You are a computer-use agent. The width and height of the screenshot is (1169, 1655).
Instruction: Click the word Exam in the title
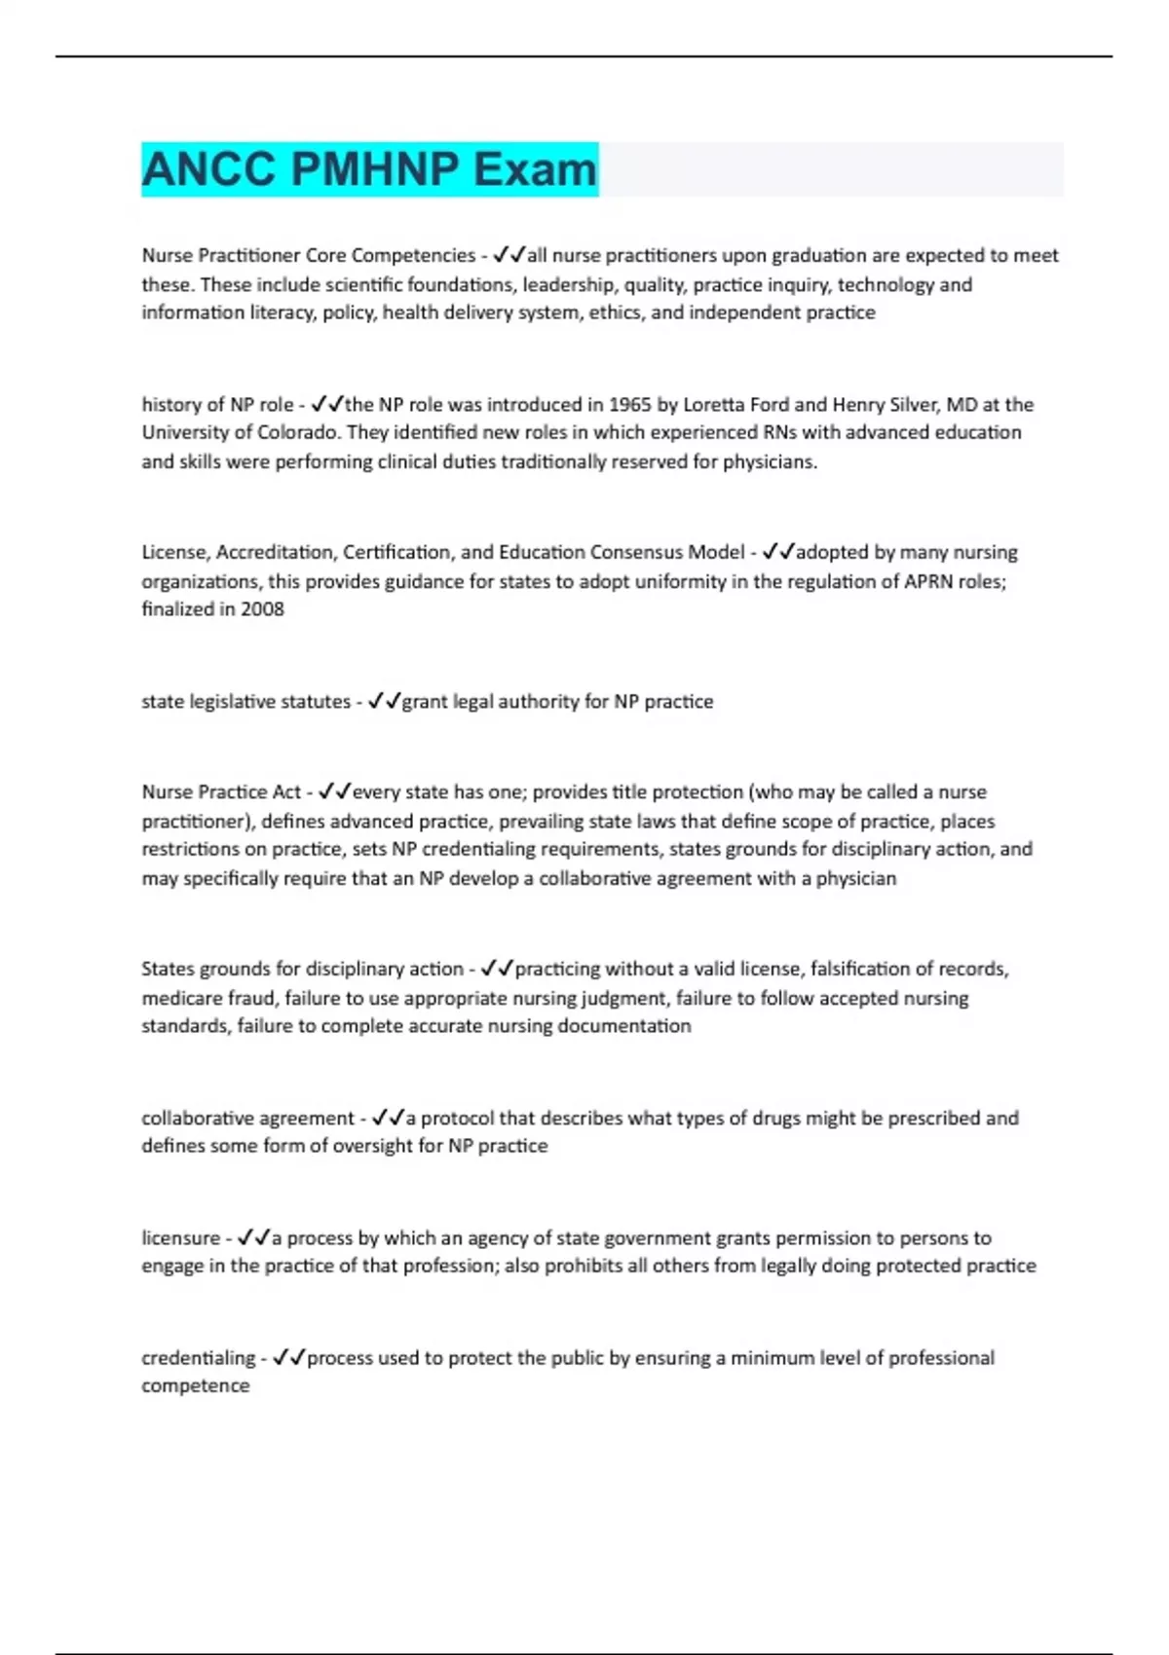click(535, 169)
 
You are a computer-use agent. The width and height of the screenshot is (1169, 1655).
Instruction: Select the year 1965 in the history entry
click(629, 404)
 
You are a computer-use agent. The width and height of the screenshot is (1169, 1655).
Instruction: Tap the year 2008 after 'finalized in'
click(262, 609)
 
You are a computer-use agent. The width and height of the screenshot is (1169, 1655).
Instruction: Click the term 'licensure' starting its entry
click(180, 1238)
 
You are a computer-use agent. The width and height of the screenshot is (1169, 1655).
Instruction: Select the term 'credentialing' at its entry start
click(198, 1358)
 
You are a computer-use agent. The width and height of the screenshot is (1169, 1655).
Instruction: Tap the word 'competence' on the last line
click(195, 1386)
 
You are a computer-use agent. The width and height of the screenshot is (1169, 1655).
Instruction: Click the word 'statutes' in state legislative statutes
click(316, 702)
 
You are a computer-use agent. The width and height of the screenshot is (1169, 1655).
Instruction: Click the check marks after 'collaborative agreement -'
click(388, 1118)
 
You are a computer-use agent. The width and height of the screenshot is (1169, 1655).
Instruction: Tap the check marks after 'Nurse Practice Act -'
click(334, 791)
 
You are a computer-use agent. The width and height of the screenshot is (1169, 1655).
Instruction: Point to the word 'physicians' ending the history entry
click(769, 461)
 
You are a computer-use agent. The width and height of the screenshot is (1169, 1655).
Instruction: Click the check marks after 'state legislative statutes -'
click(384, 702)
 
